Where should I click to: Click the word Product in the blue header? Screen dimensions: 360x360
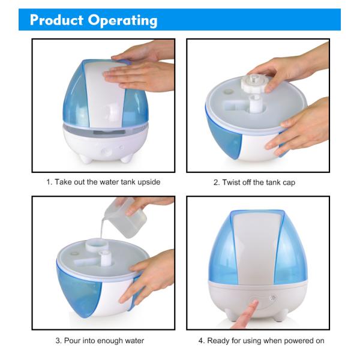56,20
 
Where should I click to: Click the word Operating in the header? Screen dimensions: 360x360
123,21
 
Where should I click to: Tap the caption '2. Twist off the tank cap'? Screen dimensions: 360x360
254,182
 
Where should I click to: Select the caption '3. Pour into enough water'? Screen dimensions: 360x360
100,340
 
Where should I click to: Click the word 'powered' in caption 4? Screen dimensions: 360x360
299,341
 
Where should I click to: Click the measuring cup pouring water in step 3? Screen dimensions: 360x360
125,218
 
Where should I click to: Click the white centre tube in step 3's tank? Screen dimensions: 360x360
105,258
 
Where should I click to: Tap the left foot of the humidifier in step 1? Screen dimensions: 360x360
86,158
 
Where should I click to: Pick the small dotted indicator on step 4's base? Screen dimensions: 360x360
273,298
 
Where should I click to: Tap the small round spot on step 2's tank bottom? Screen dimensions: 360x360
229,91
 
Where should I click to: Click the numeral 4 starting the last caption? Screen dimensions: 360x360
200,341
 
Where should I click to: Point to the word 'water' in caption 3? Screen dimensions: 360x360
134,341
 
